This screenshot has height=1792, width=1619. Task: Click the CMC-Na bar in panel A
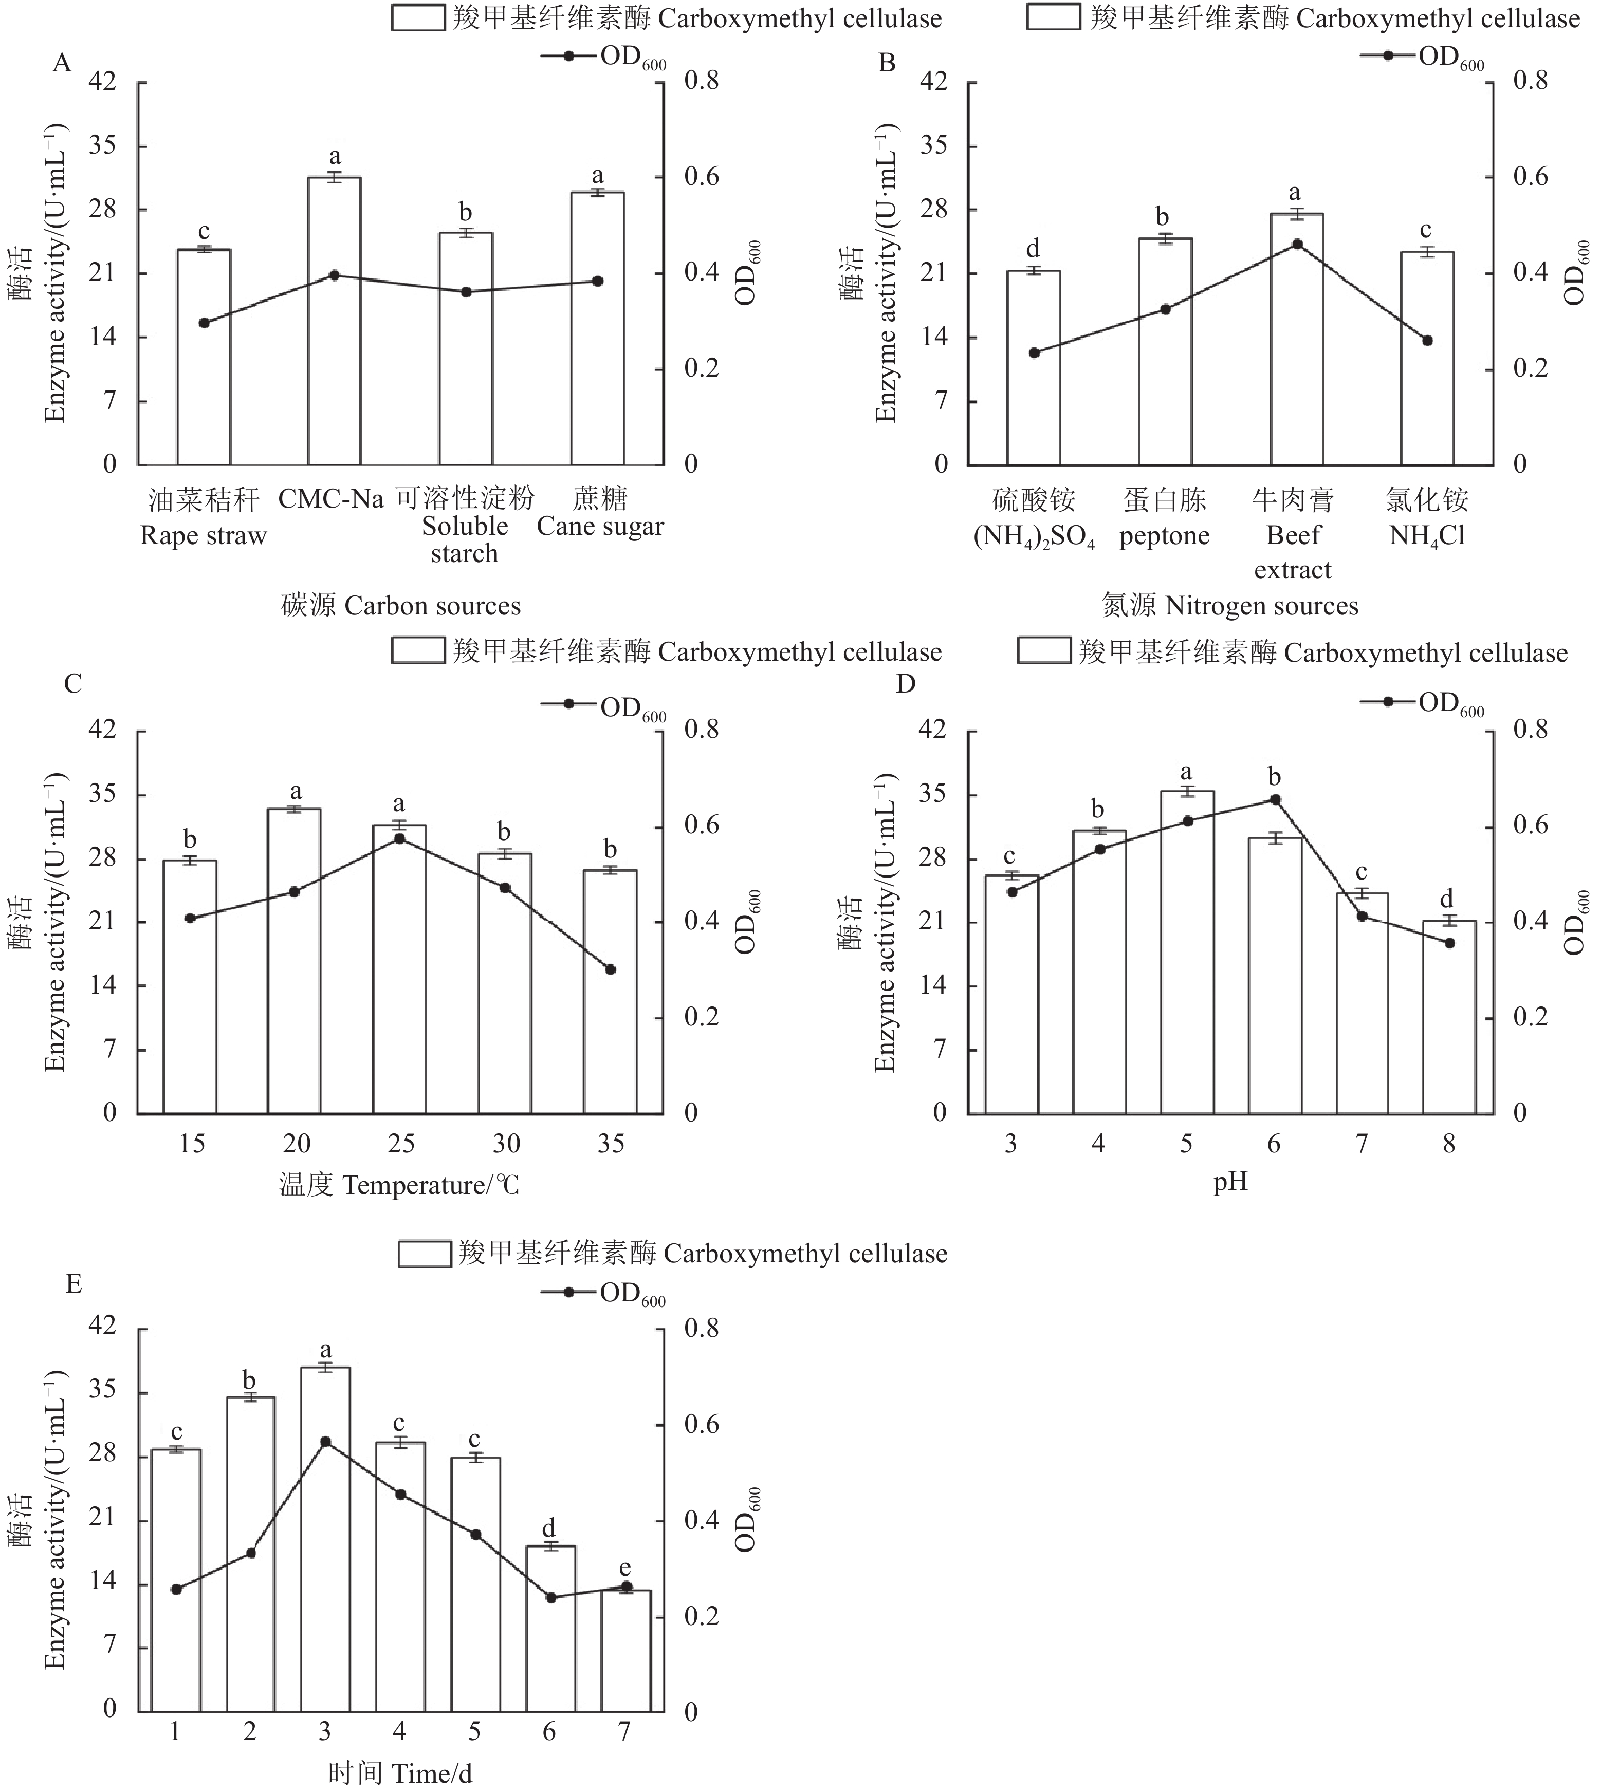[x=334, y=320]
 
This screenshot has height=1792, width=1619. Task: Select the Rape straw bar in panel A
[x=204, y=356]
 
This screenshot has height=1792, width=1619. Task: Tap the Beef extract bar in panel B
[x=1295, y=338]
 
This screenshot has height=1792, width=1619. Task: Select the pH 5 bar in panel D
[x=1186, y=951]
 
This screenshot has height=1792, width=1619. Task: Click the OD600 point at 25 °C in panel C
[x=400, y=838]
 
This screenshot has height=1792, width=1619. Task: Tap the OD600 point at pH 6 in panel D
[x=1274, y=799]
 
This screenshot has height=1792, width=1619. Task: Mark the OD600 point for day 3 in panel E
[x=325, y=1441]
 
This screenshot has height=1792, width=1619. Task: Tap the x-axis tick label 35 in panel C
[x=611, y=1143]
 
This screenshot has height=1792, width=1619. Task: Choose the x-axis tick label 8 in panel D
[x=1449, y=1143]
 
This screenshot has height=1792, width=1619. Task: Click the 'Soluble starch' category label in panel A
[x=464, y=538]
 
